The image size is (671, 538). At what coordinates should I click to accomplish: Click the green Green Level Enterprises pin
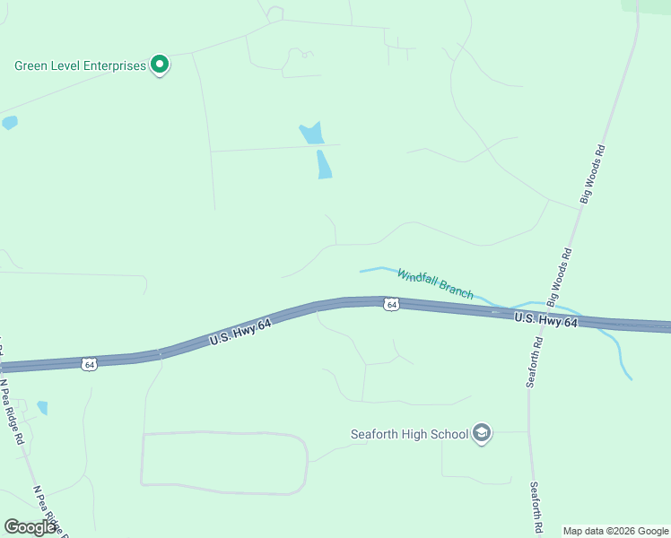coord(160,65)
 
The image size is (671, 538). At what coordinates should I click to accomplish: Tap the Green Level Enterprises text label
coord(80,65)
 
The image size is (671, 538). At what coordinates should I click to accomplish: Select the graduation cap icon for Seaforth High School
coord(482,434)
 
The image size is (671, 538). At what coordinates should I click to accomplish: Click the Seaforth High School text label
coord(409,435)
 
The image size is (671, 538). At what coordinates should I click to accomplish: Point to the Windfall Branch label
coord(435,284)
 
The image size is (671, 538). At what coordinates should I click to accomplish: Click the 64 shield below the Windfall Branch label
coord(391,305)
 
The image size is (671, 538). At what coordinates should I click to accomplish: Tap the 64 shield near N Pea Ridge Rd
coord(88,364)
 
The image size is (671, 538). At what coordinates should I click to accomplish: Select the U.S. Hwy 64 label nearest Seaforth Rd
coord(545,320)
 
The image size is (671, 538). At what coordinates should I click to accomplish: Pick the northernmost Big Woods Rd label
coord(594,174)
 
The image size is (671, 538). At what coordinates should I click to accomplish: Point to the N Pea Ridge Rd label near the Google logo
coord(48,511)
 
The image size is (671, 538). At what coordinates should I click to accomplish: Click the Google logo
coord(30,527)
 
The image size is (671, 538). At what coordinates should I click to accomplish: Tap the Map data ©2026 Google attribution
coord(614,531)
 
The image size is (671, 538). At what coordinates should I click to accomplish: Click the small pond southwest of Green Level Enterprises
coord(9,123)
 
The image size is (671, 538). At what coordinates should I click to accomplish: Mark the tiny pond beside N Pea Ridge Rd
coord(42,408)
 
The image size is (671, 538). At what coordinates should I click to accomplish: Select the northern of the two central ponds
coord(311,134)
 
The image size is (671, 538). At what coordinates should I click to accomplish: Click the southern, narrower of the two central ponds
coord(324,164)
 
